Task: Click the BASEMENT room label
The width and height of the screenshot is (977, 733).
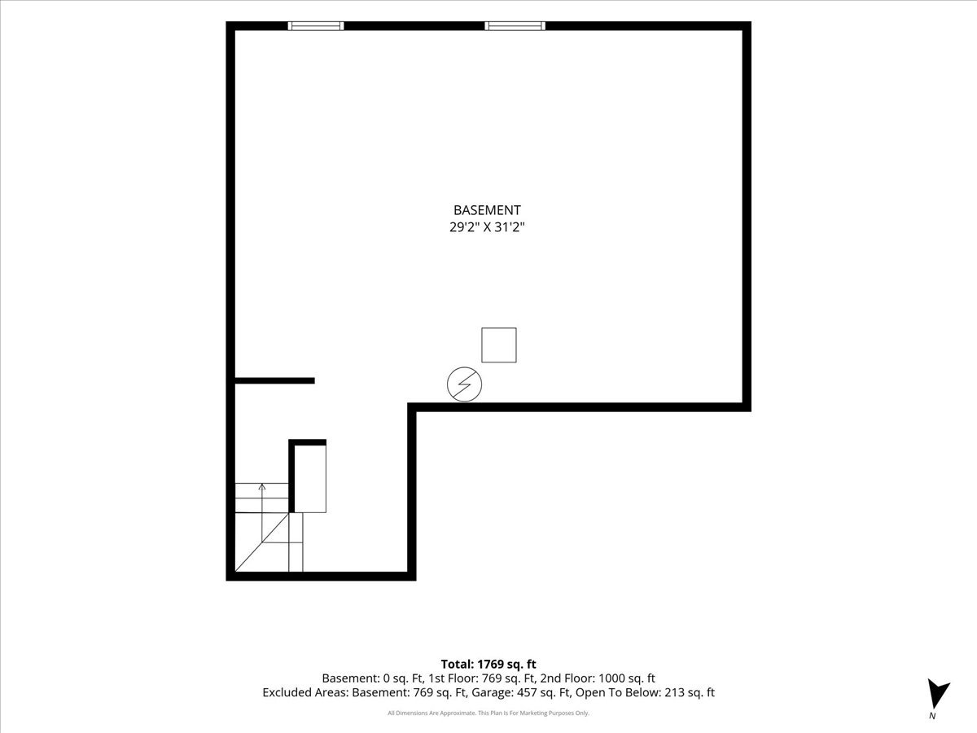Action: pos(487,210)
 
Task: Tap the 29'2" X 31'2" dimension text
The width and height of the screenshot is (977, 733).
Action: pos(487,227)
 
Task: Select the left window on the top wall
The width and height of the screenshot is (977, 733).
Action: pos(316,26)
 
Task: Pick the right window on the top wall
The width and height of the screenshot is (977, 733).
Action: pos(515,26)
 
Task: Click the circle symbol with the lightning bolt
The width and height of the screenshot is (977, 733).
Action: pos(464,384)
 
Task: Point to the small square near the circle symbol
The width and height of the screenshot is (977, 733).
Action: pos(499,345)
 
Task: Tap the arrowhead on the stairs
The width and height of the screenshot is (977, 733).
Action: pos(262,487)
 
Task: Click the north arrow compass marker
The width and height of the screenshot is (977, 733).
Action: pos(937,694)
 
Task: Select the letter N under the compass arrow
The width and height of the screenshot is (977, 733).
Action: pos(932,716)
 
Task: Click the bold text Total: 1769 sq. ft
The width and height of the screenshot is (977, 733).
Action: pos(488,664)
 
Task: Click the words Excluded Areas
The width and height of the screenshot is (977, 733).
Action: pos(305,692)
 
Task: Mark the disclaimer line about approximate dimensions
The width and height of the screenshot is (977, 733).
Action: pos(488,713)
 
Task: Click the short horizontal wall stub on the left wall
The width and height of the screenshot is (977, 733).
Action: pos(274,380)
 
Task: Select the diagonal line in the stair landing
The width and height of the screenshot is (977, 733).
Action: pos(261,542)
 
